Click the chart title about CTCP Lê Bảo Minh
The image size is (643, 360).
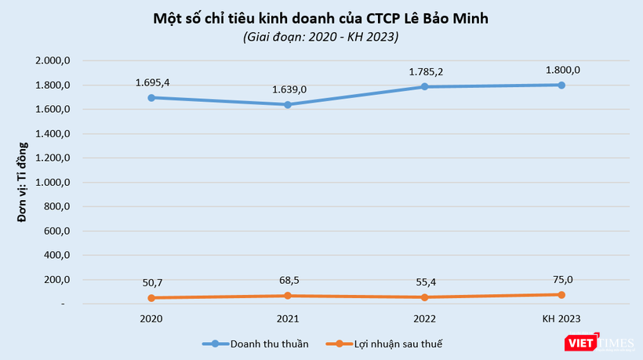tap(321, 18)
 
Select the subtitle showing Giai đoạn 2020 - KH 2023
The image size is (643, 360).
tap(321, 37)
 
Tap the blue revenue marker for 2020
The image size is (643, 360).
tap(151, 98)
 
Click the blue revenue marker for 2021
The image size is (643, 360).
tap(288, 104)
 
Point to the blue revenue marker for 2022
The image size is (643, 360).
tap(425, 86)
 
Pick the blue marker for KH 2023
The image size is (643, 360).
tap(561, 85)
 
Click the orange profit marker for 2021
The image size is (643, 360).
tap(288, 296)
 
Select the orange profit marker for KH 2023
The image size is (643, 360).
tap(561, 295)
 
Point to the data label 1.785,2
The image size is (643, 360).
tap(425, 71)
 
